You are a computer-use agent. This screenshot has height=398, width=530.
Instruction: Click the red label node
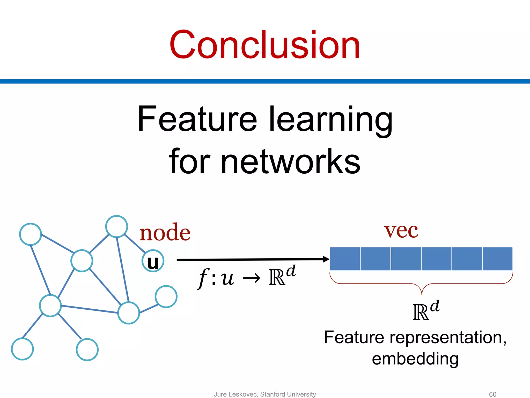165,232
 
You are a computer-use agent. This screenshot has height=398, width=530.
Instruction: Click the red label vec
401,230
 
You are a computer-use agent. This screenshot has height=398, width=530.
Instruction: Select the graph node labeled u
153,261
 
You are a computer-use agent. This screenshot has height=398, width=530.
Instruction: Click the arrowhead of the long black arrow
326,259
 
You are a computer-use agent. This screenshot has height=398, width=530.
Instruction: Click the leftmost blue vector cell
345,259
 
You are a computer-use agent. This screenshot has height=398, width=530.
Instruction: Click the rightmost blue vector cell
497,259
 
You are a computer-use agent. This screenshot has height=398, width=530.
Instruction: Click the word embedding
415,359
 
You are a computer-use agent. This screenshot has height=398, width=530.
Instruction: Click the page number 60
492,394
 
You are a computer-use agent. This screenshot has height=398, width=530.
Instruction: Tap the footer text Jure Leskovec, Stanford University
265,394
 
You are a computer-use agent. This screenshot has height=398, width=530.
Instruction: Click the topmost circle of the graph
117,226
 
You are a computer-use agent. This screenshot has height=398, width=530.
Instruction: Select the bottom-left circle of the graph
23,349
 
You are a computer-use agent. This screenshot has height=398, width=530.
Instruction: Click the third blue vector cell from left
406,259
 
